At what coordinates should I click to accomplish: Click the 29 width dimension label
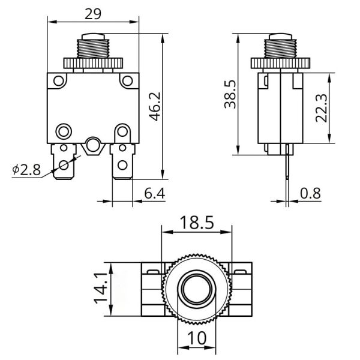tap(93, 14)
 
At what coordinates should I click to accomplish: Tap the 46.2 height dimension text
tap(155, 107)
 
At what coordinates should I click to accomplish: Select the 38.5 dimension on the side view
tap(230, 94)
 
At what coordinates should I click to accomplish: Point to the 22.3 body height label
tap(321, 108)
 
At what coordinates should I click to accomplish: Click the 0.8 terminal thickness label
tap(310, 193)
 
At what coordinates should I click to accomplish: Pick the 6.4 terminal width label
tap(155, 193)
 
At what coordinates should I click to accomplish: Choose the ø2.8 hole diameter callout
tap(26, 170)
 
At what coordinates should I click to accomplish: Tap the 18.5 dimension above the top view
tap(197, 223)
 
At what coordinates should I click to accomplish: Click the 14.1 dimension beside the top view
tap(101, 289)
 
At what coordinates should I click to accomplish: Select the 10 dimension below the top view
tap(197, 338)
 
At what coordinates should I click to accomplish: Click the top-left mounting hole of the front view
tap(58, 81)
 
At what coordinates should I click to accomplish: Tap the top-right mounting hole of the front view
tap(127, 81)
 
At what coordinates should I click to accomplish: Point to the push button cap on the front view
tap(93, 37)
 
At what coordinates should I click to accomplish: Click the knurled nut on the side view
tap(280, 63)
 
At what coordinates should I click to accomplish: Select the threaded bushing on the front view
tap(93, 49)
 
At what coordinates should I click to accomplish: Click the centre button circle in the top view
tap(197, 289)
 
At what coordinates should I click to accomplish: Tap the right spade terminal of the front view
tap(122, 161)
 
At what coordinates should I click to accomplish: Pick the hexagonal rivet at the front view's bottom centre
tap(93, 146)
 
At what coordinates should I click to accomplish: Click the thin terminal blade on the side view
tap(287, 161)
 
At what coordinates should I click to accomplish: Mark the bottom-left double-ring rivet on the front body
tap(64, 132)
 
